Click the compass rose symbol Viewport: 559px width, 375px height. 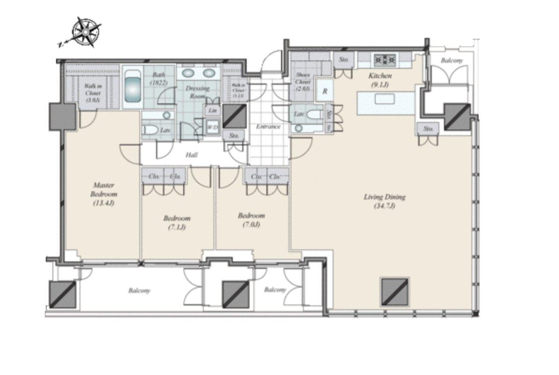[x=86, y=32]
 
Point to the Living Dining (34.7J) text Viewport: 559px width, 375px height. [x=384, y=201]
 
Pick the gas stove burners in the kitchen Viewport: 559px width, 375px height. [x=385, y=59]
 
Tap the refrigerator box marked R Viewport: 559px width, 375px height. [x=324, y=92]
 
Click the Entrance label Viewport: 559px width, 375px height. [x=268, y=126]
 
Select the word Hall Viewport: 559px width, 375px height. [x=192, y=155]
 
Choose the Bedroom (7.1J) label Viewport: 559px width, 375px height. [x=177, y=222]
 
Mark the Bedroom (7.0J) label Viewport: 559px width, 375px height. [x=251, y=220]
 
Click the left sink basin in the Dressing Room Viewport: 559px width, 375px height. [x=189, y=73]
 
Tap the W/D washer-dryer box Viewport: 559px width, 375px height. [x=213, y=127]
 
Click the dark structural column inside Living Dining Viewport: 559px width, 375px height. [x=394, y=292]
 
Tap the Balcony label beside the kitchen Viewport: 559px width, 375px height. [x=451, y=61]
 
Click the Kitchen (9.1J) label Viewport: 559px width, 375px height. [x=380, y=80]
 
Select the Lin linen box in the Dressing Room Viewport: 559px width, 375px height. [x=213, y=110]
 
